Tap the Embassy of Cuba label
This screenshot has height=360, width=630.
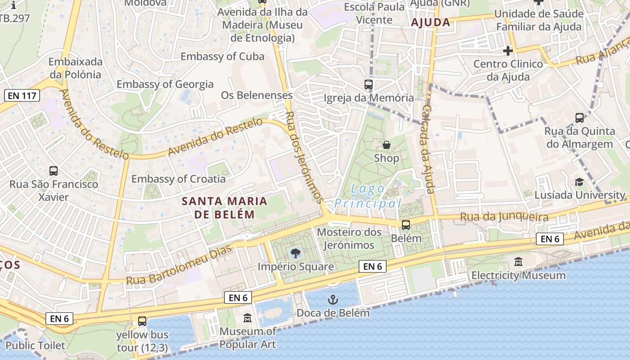222,56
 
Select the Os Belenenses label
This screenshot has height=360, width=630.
256,95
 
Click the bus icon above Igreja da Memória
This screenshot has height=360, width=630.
369,84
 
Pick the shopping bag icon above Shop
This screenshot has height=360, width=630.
386,145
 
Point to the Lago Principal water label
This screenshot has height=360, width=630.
368,196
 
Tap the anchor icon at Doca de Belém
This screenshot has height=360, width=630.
333,299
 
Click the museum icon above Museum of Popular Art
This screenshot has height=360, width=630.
247,319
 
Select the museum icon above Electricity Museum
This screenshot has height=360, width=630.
518,261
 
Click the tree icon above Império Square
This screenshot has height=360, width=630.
295,253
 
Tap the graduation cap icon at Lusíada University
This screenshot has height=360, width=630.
579,182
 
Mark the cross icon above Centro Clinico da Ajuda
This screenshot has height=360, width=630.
508,51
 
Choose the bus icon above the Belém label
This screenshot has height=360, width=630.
406,225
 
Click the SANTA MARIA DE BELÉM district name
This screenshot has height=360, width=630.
225,207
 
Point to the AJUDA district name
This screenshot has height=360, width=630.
431,22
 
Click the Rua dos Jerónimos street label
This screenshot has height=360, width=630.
305,157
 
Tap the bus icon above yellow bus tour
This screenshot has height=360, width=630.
142,321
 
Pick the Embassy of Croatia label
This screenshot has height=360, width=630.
178,179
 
